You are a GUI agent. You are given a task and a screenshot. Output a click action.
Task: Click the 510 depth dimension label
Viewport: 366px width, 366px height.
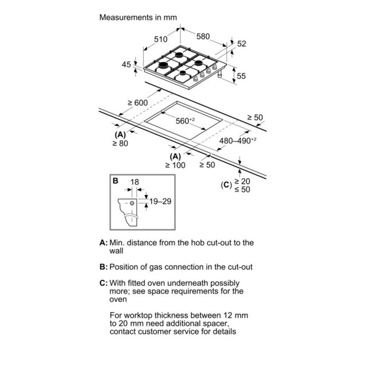(161, 39)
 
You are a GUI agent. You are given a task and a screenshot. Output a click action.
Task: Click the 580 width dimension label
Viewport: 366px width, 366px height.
(203, 37)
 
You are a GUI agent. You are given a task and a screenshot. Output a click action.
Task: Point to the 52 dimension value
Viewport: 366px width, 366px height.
(241, 43)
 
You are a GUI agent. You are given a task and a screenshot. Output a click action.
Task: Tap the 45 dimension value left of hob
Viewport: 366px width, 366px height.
(126, 65)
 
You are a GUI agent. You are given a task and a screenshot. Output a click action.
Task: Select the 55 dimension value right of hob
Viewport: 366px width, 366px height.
(241, 76)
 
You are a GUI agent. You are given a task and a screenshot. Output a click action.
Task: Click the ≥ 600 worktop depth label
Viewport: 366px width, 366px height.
(138, 103)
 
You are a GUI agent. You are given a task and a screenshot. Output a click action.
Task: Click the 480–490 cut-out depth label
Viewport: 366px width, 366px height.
(238, 141)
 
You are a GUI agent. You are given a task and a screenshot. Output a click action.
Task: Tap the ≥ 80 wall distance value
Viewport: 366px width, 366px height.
(120, 144)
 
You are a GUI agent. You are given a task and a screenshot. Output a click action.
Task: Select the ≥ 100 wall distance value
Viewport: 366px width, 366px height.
(176, 165)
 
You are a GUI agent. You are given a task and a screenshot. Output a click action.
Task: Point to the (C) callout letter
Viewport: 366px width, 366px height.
(226, 185)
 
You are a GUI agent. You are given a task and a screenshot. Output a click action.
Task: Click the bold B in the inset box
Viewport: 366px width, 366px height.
(116, 181)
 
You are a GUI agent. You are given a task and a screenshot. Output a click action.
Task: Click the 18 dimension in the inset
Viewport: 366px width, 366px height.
(134, 182)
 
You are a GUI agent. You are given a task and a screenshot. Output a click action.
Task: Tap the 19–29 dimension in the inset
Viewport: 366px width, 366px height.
(160, 201)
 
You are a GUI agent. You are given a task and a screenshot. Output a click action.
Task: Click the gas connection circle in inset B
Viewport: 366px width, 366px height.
(132, 204)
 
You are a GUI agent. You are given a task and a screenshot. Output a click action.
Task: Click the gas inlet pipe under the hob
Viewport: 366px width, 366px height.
(220, 74)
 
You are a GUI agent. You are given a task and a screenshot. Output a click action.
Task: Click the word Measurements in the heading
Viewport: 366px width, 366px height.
(126, 17)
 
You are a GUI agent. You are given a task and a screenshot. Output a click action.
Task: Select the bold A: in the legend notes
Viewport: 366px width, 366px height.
(104, 242)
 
